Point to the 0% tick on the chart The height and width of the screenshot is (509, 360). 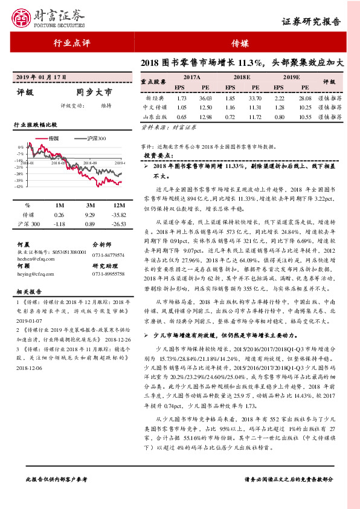21,147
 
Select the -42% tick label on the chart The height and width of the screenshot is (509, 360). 20,187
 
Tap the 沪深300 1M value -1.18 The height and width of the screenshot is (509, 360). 59,224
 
